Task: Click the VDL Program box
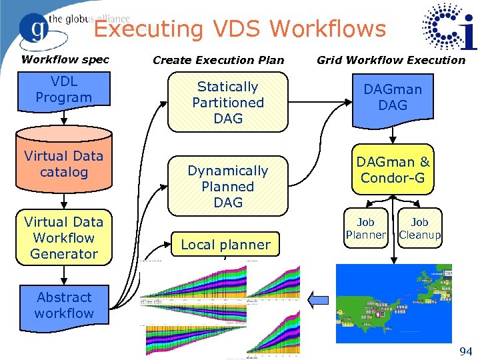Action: pyautogui.click(x=63, y=90)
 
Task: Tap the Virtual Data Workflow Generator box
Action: pyautogui.click(x=64, y=238)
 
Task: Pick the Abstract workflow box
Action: pyautogui.click(x=65, y=305)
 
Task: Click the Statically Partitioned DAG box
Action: pyautogui.click(x=227, y=103)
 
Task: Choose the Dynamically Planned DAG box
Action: pyautogui.click(x=227, y=187)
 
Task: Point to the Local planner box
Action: pyautogui.click(x=226, y=245)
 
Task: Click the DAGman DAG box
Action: pyautogui.click(x=393, y=98)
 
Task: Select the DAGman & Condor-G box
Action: pyautogui.click(x=393, y=171)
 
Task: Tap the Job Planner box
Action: pyautogui.click(x=365, y=229)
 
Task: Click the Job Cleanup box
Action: pyautogui.click(x=420, y=229)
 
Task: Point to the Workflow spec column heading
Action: pyautogui.click(x=65, y=59)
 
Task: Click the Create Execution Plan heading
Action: pyautogui.click(x=218, y=60)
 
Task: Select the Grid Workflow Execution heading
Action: pyautogui.click(x=391, y=60)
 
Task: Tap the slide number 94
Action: pyautogui.click(x=465, y=351)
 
